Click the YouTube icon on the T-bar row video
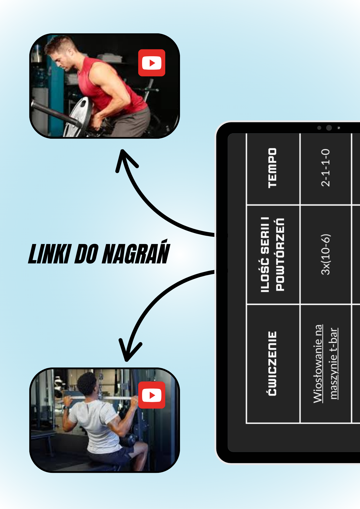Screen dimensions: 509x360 (152, 63)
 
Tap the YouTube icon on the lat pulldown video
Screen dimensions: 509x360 (152, 395)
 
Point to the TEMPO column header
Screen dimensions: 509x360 (272, 168)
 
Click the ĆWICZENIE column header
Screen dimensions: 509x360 (272, 363)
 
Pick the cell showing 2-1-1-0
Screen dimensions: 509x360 (325, 168)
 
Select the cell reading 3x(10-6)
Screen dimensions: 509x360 (325, 254)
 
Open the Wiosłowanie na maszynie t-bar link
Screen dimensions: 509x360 (325, 363)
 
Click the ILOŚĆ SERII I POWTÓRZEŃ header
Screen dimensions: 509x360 (272, 254)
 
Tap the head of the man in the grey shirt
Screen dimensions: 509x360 (88, 383)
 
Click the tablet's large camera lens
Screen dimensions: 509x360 (329, 128)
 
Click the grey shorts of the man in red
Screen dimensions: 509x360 (132, 122)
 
